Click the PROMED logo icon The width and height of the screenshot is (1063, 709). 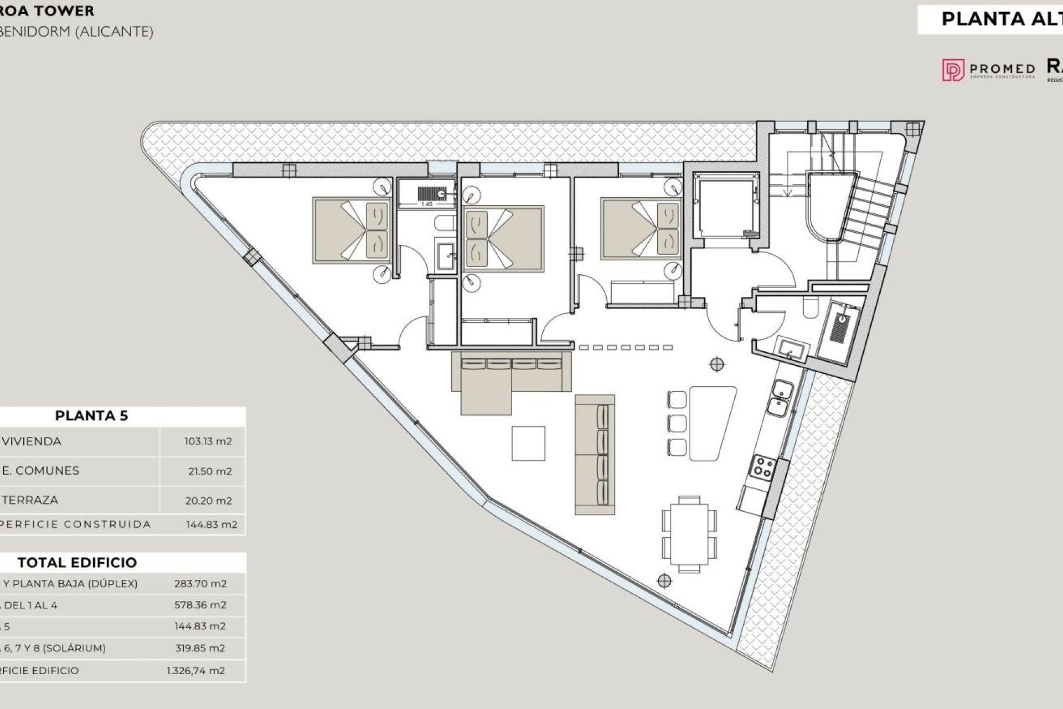[953, 70]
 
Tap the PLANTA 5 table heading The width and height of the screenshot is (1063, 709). [91, 415]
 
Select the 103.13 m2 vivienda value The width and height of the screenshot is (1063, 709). [208, 441]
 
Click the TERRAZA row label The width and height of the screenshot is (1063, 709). [30, 500]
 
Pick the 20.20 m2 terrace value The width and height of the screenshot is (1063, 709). [208, 501]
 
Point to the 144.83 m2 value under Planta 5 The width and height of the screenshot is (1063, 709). [211, 525]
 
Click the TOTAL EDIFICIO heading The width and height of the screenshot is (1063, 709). [77, 562]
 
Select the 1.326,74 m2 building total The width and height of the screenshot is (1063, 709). [196, 671]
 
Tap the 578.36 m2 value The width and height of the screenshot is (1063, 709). [200, 605]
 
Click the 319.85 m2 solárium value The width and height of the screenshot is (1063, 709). [200, 648]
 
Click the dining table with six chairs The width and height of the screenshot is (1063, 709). [689, 534]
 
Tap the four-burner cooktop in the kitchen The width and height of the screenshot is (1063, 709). [762, 466]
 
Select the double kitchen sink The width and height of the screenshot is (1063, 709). [781, 398]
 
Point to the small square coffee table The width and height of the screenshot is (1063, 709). [528, 443]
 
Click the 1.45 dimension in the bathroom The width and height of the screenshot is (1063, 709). [426, 204]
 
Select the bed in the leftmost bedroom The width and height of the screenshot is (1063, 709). [352, 230]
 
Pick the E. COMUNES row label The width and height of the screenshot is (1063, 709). [41, 471]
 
